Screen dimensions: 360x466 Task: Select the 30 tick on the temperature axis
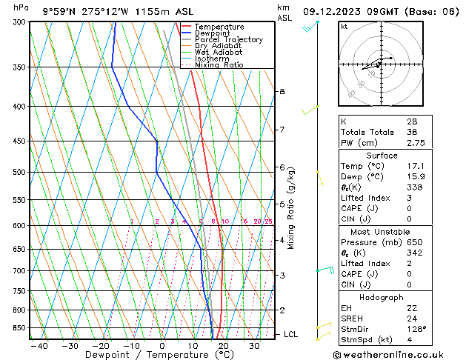pos(253,346)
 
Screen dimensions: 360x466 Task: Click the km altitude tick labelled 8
pos(282,91)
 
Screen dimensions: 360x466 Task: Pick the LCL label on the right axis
pos(291,335)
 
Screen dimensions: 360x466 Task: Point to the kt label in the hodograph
pos(344,27)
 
